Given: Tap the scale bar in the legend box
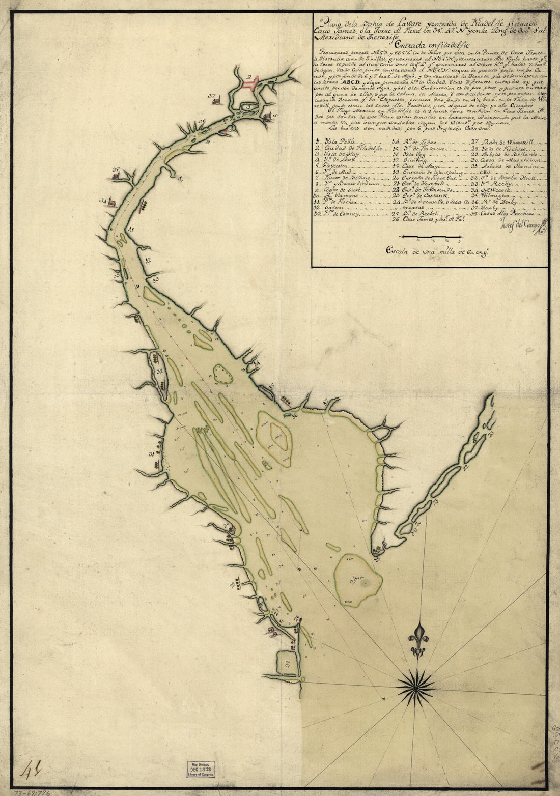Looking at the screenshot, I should click(x=431, y=237).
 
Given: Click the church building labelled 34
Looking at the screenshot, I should click(x=124, y=203).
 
